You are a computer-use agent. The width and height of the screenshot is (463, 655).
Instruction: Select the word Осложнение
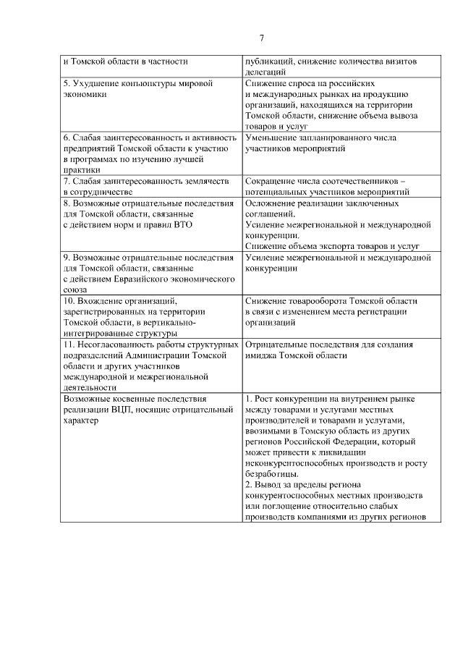click(x=273, y=204)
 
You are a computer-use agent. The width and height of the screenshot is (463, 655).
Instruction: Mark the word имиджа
click(x=260, y=355)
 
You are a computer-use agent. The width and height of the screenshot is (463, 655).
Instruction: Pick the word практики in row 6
click(x=81, y=170)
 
